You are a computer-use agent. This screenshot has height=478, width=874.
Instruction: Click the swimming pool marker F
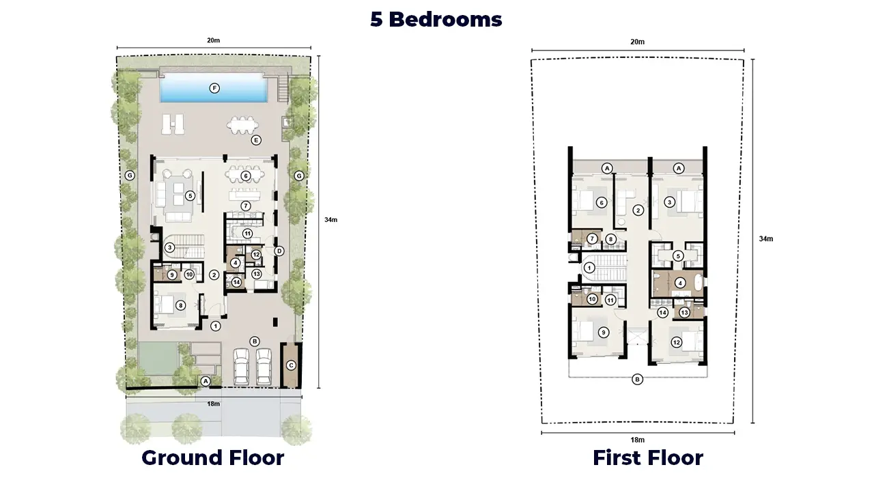(214, 88)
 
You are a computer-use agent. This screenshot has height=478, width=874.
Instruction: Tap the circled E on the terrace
(256, 140)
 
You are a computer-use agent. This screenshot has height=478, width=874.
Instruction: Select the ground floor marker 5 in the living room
(190, 195)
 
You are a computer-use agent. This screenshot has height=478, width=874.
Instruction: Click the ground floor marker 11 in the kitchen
(247, 234)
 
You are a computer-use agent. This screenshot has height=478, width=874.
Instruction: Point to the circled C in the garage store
(291, 365)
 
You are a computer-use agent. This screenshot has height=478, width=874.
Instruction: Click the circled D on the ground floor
(279, 251)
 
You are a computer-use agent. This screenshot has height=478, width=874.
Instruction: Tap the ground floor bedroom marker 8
(180, 305)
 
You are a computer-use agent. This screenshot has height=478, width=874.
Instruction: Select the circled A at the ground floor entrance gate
(206, 381)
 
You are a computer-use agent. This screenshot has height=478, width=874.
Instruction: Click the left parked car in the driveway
(241, 367)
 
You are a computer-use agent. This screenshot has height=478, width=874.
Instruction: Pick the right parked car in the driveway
(264, 367)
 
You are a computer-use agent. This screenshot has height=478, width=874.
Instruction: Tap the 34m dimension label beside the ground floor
(331, 220)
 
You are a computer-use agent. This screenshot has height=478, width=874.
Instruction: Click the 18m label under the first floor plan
(638, 440)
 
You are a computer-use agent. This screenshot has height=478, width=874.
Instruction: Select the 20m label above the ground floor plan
(214, 40)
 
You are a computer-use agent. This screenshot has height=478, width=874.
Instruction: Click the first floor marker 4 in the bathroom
(680, 283)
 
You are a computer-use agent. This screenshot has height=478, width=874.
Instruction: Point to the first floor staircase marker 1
(589, 268)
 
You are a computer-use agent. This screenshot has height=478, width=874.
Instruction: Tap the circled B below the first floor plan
(637, 379)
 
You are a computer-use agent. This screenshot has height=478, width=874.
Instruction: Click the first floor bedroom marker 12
(676, 342)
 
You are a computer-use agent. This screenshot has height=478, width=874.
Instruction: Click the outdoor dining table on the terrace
(242, 125)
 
